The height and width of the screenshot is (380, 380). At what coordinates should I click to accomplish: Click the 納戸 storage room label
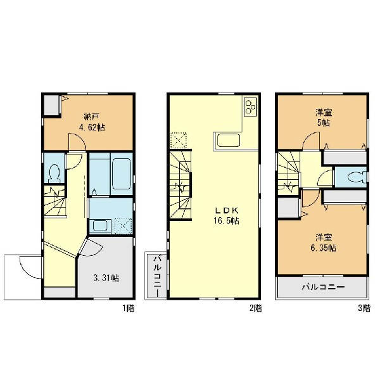91,117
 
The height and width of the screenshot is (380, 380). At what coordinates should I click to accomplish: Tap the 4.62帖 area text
92,127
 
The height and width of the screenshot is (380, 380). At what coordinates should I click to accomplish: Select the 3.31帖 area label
106,278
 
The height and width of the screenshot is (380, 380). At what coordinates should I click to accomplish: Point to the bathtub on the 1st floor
122,174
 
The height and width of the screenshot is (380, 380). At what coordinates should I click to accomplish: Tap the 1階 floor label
128,308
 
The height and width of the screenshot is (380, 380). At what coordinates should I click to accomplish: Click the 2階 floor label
256,308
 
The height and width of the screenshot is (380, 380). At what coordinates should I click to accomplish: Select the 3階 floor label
364,308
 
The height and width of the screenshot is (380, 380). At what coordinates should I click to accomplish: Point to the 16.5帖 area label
226,221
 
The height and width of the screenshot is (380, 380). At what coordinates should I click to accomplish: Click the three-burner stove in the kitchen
250,107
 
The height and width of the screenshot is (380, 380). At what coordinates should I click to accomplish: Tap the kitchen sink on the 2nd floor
229,141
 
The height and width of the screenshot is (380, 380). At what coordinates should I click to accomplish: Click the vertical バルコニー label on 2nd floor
157,275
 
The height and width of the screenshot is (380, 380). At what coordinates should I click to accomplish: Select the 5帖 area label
323,123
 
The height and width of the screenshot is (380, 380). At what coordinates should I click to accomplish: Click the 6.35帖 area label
323,248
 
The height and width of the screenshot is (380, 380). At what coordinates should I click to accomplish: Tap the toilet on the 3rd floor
357,177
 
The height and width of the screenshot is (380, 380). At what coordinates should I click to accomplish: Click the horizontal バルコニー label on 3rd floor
323,287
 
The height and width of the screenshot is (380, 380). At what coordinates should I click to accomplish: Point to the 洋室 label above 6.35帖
324,237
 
